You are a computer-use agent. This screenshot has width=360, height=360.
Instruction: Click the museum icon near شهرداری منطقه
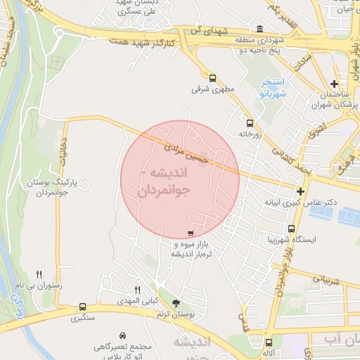pyautogui.click(x=261, y=30)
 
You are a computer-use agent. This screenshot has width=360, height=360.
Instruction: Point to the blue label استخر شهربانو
pyautogui.click(x=271, y=88)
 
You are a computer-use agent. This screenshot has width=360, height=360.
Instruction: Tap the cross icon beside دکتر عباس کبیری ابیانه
pyautogui.click(x=301, y=191)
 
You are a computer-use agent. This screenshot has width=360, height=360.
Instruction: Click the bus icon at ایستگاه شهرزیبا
pyautogui.click(x=292, y=228)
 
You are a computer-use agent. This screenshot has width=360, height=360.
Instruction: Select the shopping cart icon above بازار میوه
pyautogui.click(x=191, y=233)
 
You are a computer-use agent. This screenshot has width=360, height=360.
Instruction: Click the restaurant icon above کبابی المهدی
pyautogui.click(x=138, y=289)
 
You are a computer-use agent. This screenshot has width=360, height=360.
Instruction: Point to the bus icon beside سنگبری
pyautogui.click(x=83, y=307)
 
